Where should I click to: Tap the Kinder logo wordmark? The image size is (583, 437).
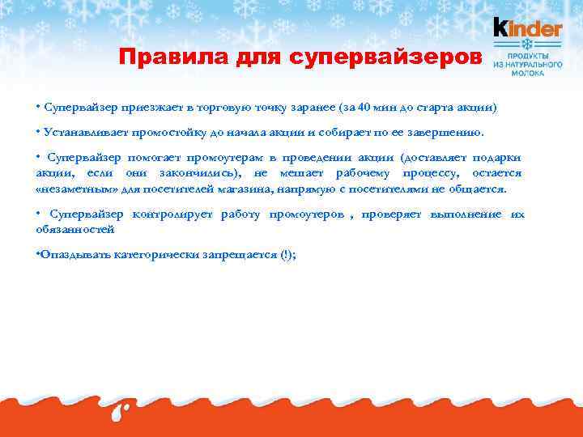pyautogui.click(x=528, y=28)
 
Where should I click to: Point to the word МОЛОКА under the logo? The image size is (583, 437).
pyautogui.click(x=528, y=72)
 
